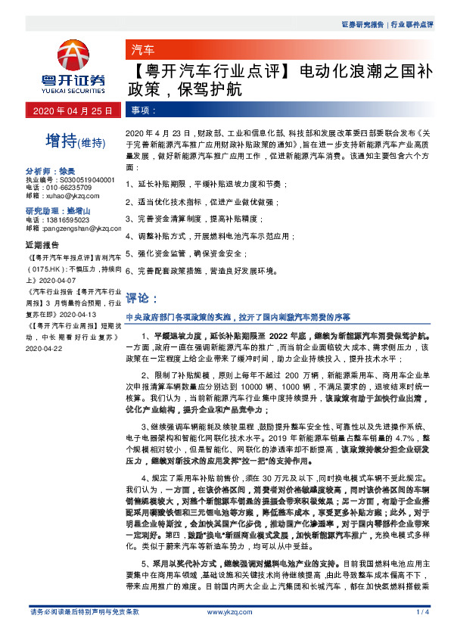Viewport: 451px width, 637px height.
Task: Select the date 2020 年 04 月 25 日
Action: tap(73, 110)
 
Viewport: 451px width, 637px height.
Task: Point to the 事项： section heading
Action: tap(144, 110)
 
